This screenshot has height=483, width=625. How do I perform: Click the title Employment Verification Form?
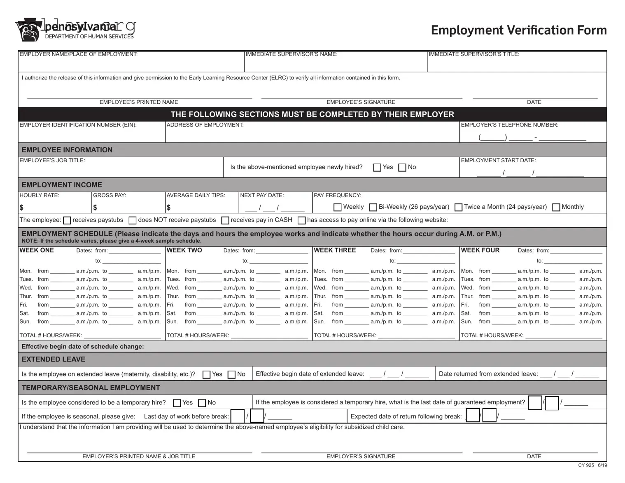518,30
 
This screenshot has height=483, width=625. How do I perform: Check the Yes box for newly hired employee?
377,168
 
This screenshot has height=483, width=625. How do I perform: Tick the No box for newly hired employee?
402,168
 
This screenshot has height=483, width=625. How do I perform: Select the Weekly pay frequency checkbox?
338,207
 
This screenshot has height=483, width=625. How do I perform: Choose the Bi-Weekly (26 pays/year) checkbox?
373,207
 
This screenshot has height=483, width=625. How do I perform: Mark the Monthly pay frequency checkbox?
556,207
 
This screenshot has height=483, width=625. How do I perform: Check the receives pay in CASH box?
225,221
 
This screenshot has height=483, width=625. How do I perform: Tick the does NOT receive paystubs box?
133,221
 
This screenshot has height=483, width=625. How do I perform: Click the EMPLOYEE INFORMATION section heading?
67,150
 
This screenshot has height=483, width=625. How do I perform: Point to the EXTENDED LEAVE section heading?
54,359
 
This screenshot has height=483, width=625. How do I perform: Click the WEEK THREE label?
335,250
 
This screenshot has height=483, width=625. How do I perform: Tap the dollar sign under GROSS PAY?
95,208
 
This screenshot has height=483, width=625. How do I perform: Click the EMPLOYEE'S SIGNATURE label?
361,102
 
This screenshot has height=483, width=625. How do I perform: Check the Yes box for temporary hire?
177,403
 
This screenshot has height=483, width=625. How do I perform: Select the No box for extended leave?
231,375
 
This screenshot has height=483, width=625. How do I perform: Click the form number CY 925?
586,465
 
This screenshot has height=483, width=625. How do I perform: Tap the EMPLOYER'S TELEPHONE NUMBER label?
509,125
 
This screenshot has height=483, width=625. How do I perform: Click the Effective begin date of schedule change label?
83,347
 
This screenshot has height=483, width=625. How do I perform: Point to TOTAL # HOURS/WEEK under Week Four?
492,336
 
